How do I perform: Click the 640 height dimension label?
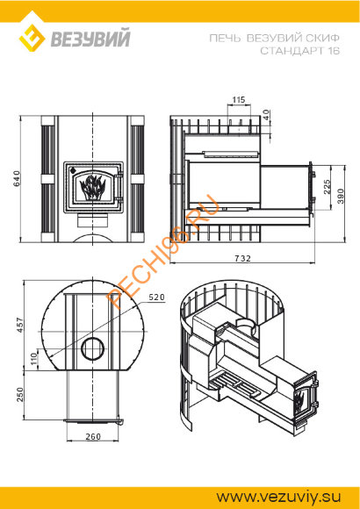pyautogui.click(x=17, y=179)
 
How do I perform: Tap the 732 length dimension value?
pyautogui.click(x=243, y=258)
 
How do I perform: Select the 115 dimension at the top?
pyautogui.click(x=239, y=100)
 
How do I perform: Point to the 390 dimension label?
pyautogui.click(x=340, y=196)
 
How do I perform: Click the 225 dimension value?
pyautogui.click(x=327, y=187)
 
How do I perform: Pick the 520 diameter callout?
pyautogui.click(x=156, y=297)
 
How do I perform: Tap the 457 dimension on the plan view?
pyautogui.click(x=20, y=325)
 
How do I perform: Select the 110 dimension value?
pyautogui.click(x=34, y=359)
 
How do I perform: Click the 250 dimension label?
pyautogui.click(x=20, y=394)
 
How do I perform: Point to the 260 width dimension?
pyautogui.click(x=93, y=437)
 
